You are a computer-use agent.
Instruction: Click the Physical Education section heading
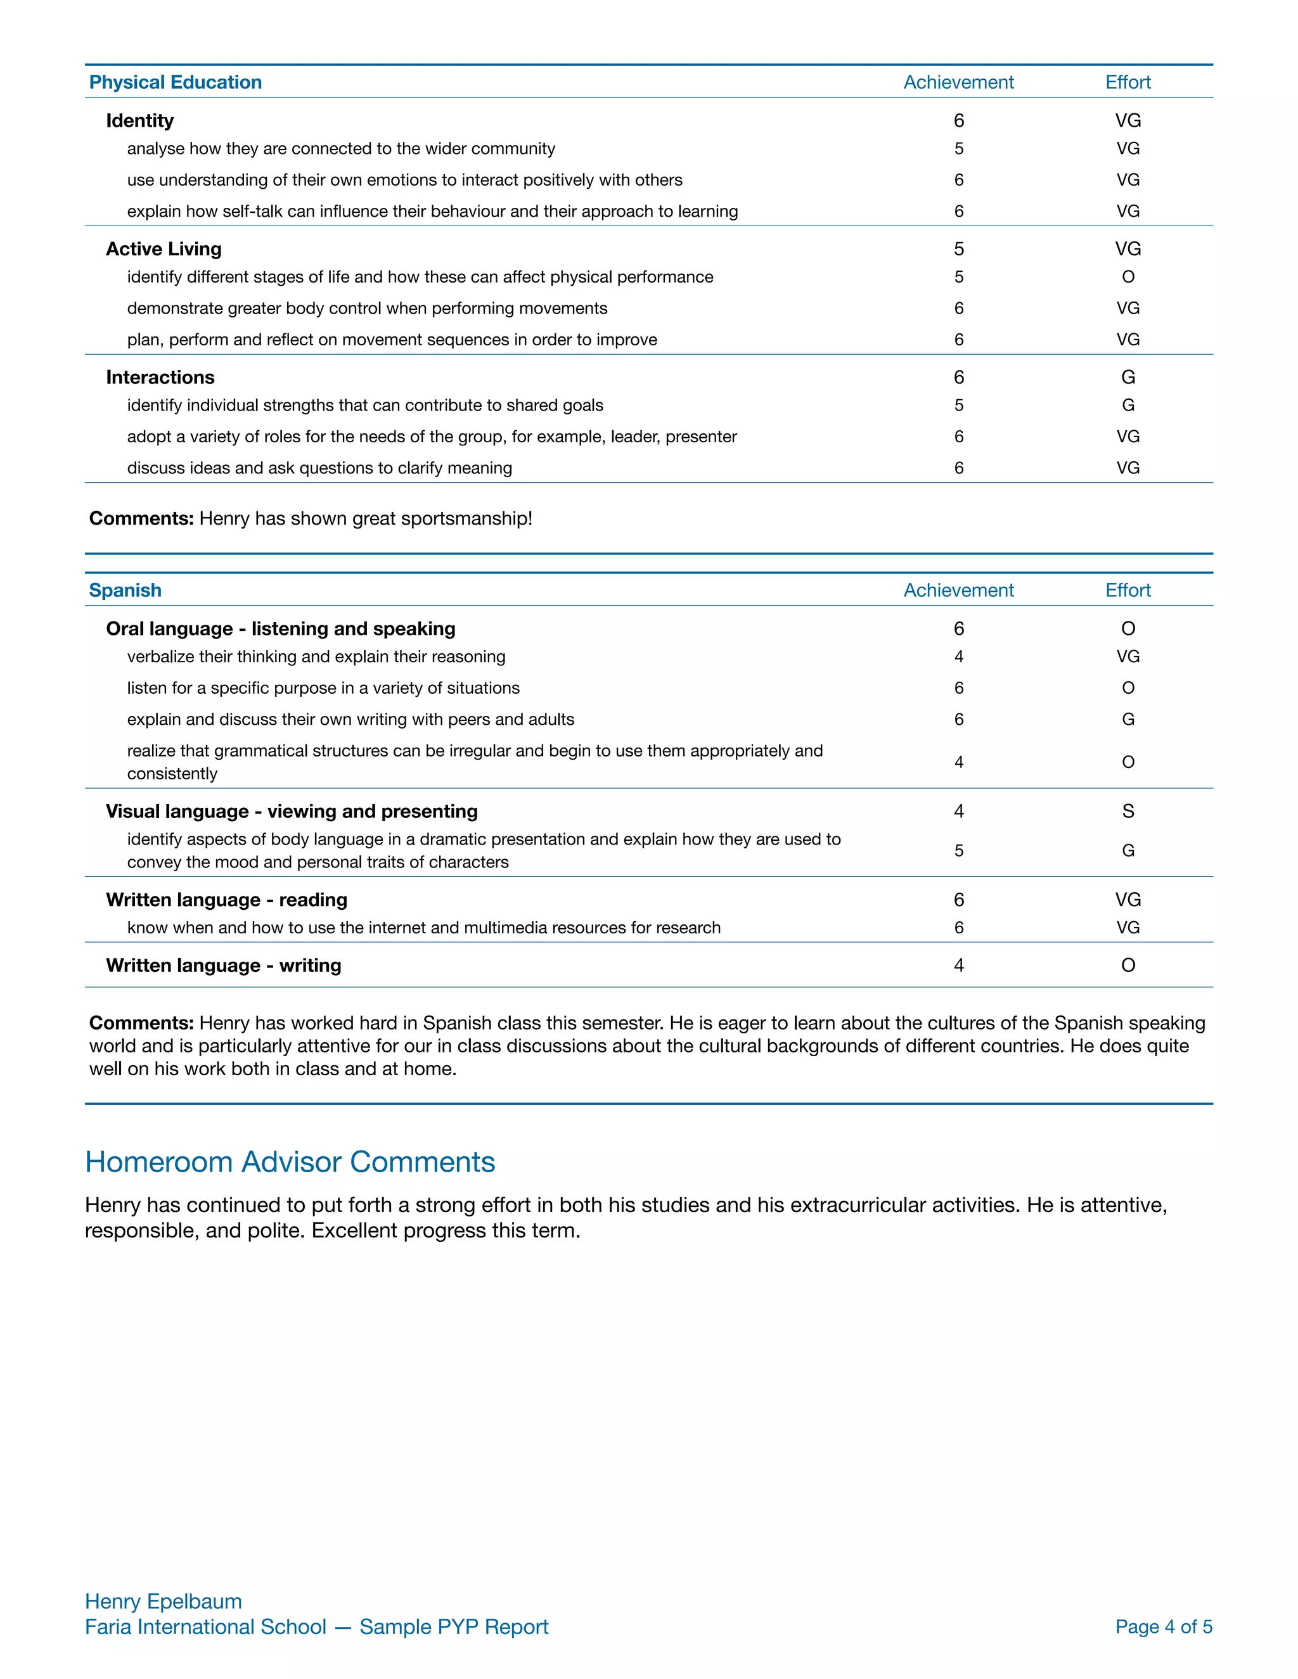(176, 82)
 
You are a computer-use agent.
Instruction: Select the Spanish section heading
(125, 591)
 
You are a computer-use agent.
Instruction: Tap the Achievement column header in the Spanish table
(958, 591)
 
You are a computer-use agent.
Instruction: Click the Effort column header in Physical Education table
(1128, 82)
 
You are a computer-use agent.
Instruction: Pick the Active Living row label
(164, 249)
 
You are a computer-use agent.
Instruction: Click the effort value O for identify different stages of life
(1128, 277)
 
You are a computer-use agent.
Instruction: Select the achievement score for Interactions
(958, 378)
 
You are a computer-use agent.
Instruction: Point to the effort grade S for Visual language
(1128, 811)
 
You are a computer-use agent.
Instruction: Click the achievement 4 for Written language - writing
(958, 966)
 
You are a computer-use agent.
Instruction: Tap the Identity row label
(140, 120)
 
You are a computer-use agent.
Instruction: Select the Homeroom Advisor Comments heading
(290, 1161)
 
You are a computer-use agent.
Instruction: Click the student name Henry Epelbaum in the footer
(163, 1601)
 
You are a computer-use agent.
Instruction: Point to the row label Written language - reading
(227, 900)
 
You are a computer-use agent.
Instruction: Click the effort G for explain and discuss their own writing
(1128, 720)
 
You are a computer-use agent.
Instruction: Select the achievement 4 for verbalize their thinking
(958, 656)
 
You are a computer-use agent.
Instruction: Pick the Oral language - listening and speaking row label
(281, 629)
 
